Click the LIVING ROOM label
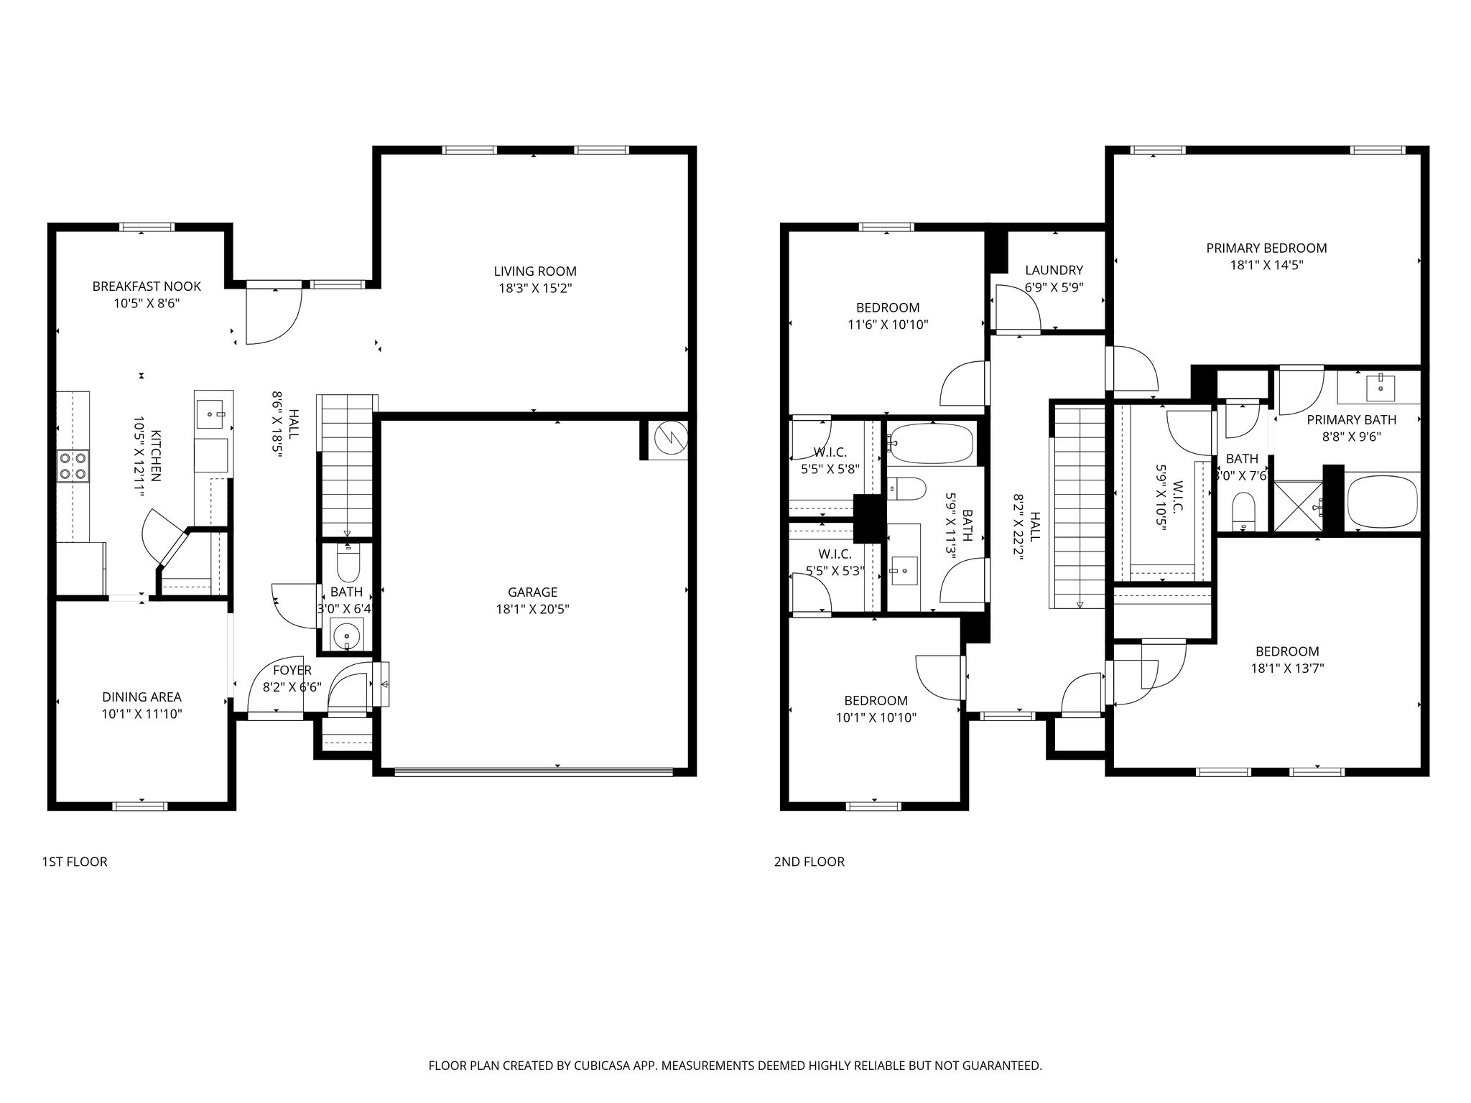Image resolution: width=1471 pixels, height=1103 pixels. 535,271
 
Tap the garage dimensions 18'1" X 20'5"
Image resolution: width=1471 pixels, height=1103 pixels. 532,610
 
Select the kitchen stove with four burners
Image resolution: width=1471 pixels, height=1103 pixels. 73,465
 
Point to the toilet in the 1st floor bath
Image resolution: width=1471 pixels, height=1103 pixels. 348,563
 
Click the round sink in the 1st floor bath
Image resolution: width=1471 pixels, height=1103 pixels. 348,635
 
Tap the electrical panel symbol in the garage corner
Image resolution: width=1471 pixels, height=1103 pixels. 669,437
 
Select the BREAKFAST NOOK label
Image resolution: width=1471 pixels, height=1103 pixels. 147,287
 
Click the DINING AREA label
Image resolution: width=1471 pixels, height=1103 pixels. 141,697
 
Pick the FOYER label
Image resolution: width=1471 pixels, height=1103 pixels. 292,671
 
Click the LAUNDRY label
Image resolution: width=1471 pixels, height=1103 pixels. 1054,271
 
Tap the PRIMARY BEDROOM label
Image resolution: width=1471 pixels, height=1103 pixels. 1266,248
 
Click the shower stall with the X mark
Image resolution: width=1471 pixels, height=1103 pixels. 1298,506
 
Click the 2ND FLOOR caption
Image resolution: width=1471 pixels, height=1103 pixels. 809,862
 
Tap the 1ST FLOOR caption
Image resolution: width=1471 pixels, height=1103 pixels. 75,862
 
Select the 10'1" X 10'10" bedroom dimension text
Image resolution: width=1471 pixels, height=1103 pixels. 876,717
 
